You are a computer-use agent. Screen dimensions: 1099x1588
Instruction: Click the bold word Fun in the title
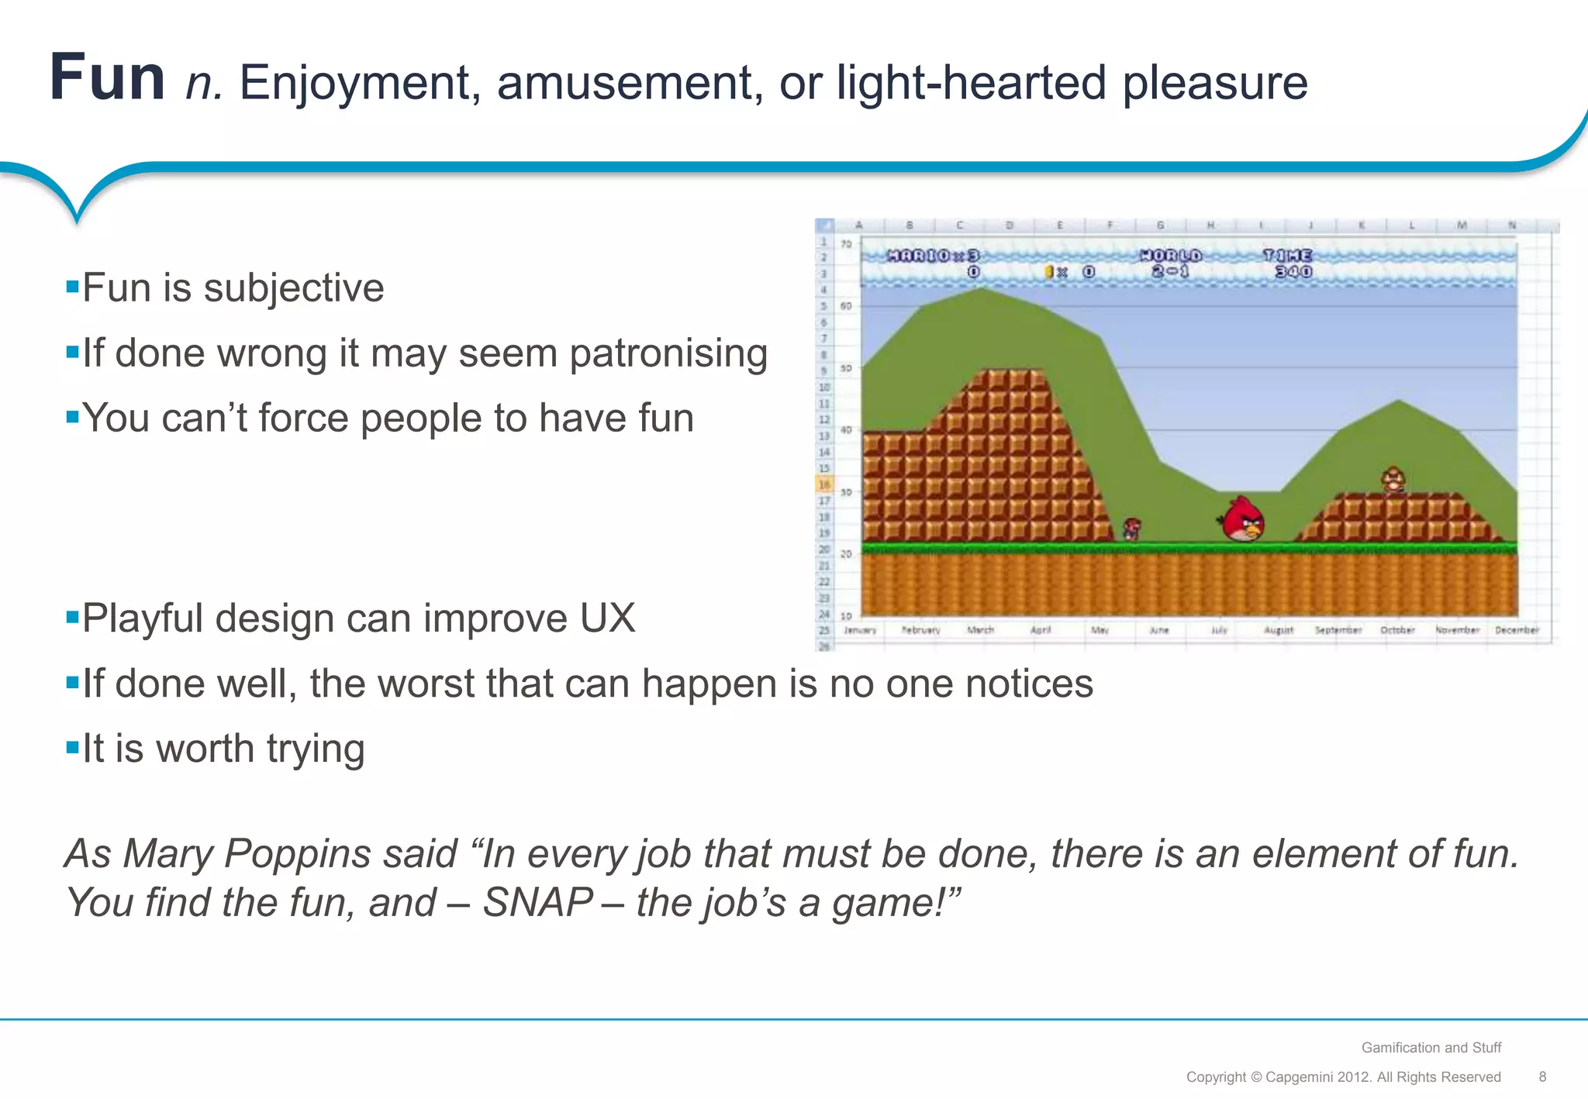coord(107,78)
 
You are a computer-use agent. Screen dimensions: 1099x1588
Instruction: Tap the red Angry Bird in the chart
coord(1243,519)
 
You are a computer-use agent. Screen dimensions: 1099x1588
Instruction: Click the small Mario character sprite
coord(1132,529)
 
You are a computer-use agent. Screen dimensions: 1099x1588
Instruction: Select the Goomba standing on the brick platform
coord(1393,481)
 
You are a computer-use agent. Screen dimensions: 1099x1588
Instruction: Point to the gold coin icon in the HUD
coord(1049,272)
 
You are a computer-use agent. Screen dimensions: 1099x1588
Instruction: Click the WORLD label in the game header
coord(1171,256)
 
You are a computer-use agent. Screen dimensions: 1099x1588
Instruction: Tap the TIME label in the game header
coord(1287,256)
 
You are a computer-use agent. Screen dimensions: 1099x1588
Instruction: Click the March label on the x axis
coord(980,630)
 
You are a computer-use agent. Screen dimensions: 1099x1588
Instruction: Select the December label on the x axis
coord(1517,630)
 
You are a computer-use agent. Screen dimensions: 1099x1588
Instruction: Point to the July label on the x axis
coord(1219,630)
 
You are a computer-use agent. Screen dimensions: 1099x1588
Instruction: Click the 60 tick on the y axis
coord(846,306)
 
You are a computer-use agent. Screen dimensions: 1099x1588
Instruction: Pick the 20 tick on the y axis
coord(846,554)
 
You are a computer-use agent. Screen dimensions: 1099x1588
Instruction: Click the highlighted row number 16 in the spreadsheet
coord(824,485)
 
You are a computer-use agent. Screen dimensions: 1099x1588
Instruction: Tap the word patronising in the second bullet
coord(668,353)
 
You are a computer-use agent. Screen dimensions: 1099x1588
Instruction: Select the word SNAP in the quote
coord(538,903)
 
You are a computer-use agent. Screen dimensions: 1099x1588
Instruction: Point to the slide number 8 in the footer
coord(1542,1077)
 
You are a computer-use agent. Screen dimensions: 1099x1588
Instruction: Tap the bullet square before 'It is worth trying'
coord(73,748)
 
